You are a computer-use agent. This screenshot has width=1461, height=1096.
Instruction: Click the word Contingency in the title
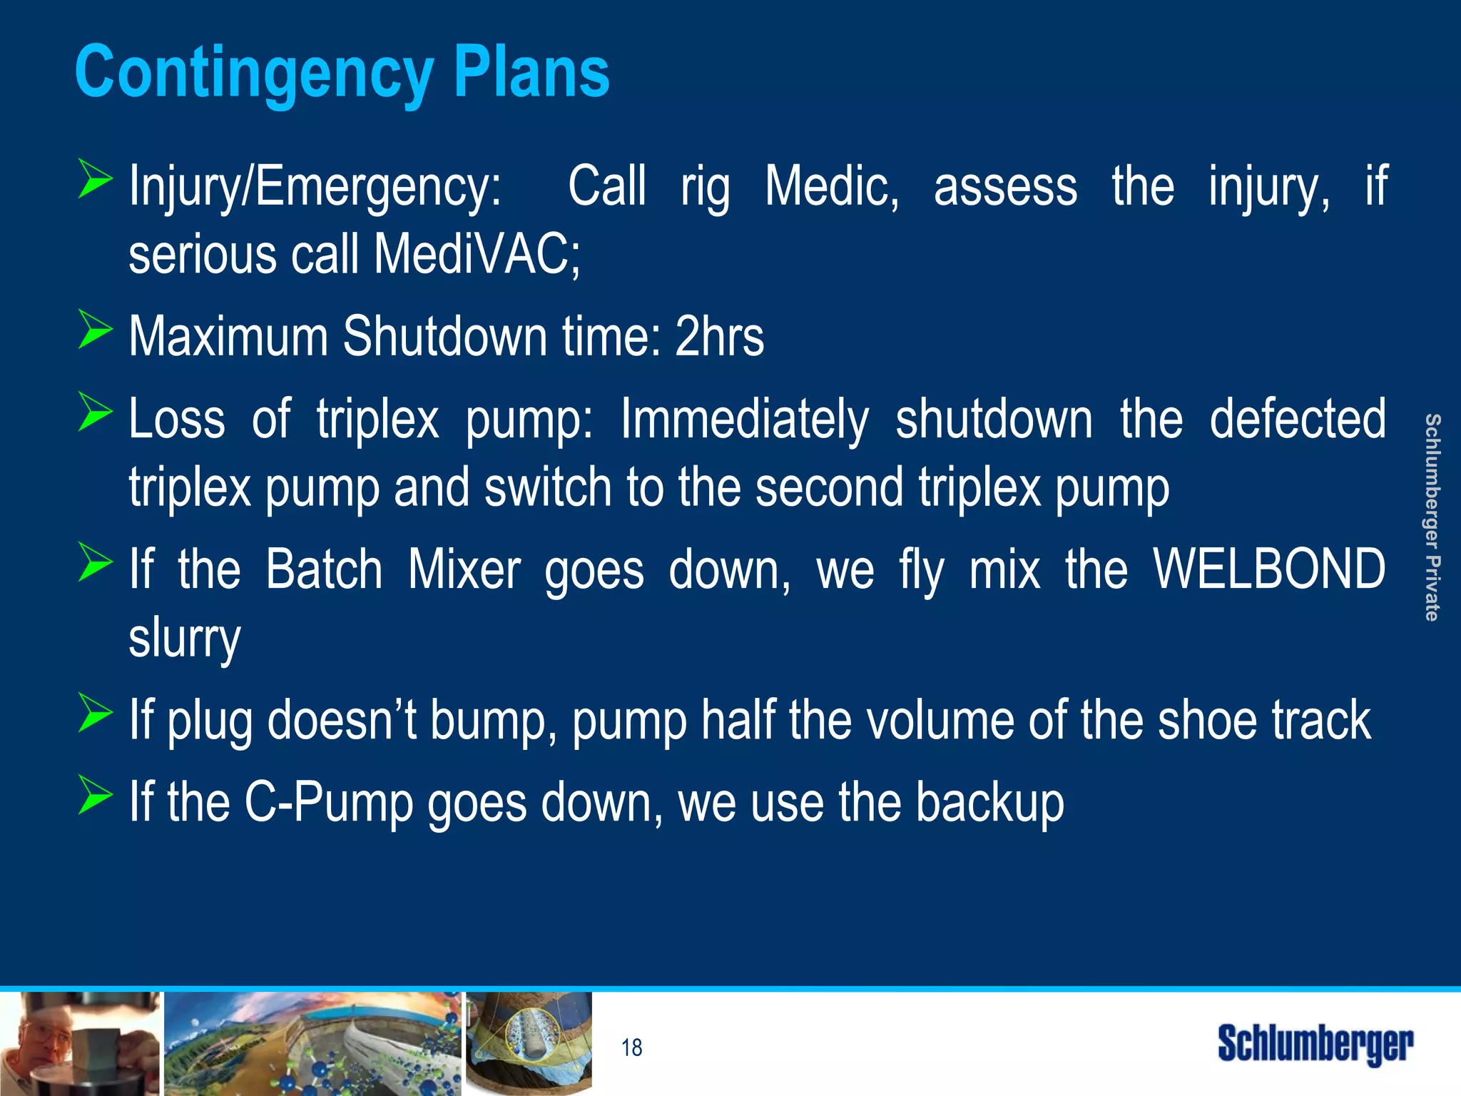coord(253,73)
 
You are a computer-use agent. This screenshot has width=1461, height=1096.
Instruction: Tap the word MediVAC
coord(477,255)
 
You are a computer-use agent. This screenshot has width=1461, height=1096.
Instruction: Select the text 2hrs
coord(719,336)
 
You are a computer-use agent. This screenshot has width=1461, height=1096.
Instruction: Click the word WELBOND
coord(1269,569)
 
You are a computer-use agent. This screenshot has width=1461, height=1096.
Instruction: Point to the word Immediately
coord(744,420)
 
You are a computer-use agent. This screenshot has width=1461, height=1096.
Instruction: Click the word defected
coord(1298,419)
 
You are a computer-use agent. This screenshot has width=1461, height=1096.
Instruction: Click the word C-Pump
coord(329,802)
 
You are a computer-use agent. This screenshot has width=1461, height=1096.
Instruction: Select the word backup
coord(989,802)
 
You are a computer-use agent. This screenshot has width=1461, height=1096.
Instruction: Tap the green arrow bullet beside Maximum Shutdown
coord(95,330)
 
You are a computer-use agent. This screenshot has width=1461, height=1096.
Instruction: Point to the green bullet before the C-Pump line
coord(95,795)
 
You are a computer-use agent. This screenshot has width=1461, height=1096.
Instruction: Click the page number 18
coord(631,1047)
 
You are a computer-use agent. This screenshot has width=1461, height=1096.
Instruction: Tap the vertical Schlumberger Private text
coord(1431,517)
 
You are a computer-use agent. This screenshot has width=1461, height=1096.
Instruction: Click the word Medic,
coord(832,186)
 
